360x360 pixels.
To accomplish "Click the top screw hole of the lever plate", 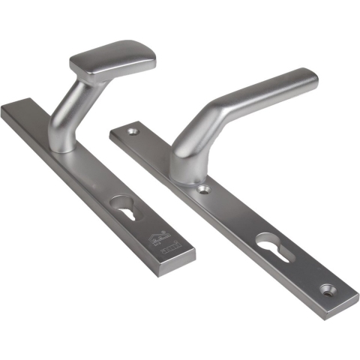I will pyautogui.click(x=133, y=132).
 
